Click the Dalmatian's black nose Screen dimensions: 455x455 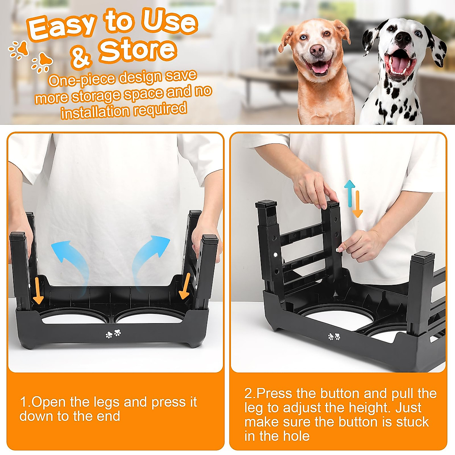[x=403, y=38]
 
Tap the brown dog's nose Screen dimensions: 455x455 [x=317, y=49]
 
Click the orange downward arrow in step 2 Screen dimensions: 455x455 [x=357, y=205]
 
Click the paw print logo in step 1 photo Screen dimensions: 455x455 [x=113, y=334]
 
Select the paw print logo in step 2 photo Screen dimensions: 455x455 [x=334, y=336]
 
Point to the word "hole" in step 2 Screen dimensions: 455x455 [x=296, y=436]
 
